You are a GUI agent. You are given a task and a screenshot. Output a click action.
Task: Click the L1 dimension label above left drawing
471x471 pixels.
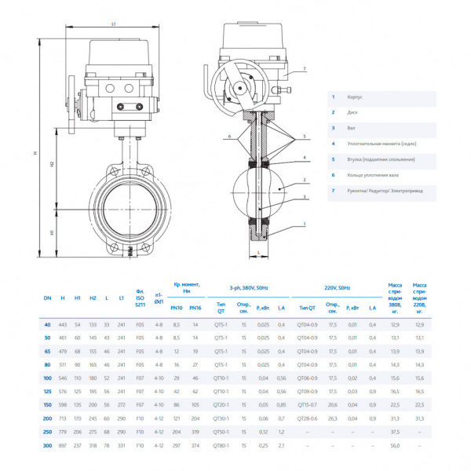coord(113,24)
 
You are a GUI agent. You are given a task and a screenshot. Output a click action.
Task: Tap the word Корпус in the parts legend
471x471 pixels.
coord(352,97)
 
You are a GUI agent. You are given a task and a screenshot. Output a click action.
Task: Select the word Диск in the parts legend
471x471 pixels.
coord(351,112)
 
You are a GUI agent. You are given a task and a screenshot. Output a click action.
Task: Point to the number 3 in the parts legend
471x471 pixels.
coord(333,128)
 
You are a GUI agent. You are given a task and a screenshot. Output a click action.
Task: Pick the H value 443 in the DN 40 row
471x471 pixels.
coord(63,324)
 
